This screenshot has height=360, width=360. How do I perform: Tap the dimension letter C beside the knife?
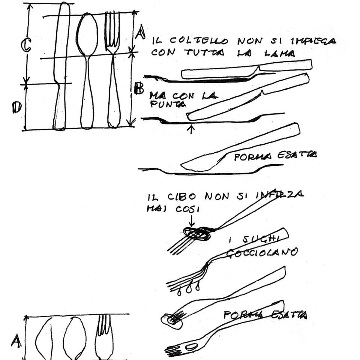click(x=25, y=46)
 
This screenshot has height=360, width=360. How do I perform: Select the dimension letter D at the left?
click(x=17, y=108)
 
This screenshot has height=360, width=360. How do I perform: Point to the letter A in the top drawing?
click(x=140, y=33)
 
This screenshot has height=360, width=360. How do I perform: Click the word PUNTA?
click(x=168, y=105)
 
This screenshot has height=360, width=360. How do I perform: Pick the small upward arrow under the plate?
click(x=191, y=129)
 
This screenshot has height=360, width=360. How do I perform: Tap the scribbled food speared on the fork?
click(x=196, y=234)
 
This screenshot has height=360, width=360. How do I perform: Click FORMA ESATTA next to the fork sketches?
click(x=265, y=315)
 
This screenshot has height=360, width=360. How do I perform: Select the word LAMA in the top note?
click(x=280, y=54)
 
